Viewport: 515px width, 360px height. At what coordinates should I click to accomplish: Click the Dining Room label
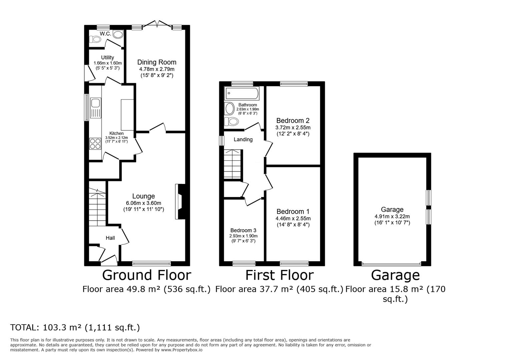(x=157, y=62)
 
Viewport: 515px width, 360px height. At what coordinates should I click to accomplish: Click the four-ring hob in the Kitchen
(x=95, y=144)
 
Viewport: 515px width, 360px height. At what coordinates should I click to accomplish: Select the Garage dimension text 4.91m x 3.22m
(x=392, y=216)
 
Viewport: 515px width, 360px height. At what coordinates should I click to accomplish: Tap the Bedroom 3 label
(x=243, y=230)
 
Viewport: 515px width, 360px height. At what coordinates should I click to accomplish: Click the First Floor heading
(x=279, y=275)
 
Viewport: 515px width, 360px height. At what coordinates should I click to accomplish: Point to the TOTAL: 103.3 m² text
(x=75, y=328)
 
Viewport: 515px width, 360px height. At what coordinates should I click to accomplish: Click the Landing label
(x=243, y=140)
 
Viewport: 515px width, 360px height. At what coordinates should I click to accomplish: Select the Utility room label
(x=107, y=58)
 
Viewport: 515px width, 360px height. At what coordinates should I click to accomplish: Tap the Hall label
(x=110, y=238)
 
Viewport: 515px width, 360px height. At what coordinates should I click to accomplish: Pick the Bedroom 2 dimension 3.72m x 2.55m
(x=293, y=128)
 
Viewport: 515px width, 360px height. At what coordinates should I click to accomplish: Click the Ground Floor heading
(x=146, y=275)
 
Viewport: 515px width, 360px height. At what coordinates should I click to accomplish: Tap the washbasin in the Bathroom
(x=229, y=109)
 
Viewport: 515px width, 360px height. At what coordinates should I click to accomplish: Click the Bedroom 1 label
(x=293, y=212)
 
